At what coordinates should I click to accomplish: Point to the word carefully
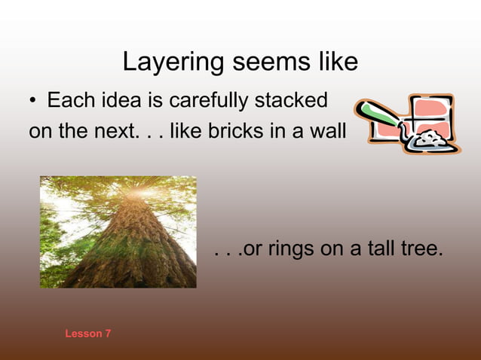[205, 100]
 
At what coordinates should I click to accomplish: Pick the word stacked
[291, 99]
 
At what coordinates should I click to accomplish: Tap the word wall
[327, 132]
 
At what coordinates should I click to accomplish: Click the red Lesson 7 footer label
[87, 333]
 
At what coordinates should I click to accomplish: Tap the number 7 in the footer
[108, 333]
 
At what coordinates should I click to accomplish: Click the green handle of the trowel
[377, 117]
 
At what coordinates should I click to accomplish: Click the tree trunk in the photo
[128, 249]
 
